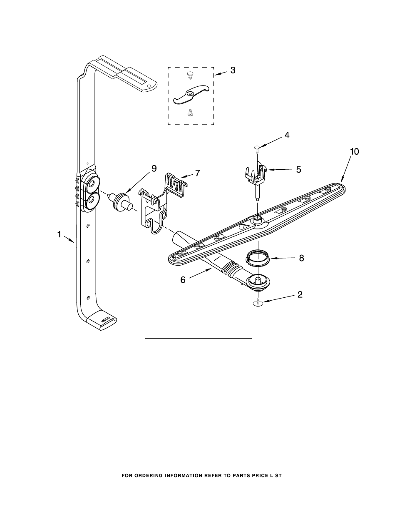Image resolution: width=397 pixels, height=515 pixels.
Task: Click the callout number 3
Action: tap(233, 70)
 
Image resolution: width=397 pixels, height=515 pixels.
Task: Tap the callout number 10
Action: tap(354, 151)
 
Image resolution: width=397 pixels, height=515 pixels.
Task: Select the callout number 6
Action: tap(183, 280)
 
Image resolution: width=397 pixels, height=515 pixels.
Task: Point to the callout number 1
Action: tap(59, 235)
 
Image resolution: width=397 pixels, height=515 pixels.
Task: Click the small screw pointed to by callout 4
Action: tap(257, 148)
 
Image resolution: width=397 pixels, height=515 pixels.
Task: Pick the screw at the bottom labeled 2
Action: tap(258, 303)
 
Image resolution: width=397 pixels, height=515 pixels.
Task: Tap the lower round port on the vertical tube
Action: tap(91, 201)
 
